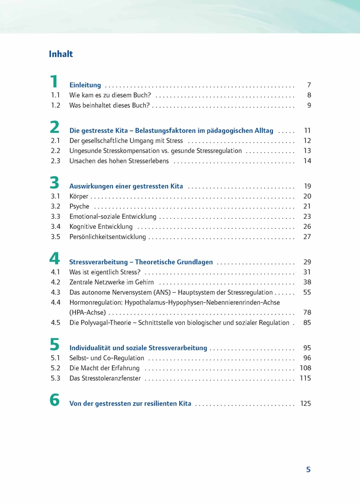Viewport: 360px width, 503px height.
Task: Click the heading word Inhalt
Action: pyautogui.click(x=61, y=54)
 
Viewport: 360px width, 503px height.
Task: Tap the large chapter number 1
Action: pyautogui.click(x=54, y=82)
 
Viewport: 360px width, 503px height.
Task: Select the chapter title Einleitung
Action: pyautogui.click(x=85, y=85)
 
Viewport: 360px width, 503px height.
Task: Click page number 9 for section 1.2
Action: pyautogui.click(x=309, y=106)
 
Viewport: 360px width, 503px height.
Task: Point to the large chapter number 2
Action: pyautogui.click(x=54, y=127)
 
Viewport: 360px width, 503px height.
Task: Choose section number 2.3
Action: pyautogui.click(x=55, y=161)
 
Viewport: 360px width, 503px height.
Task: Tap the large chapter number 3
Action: pyautogui.click(x=54, y=183)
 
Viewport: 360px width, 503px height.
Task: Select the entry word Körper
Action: pyautogui.click(x=79, y=196)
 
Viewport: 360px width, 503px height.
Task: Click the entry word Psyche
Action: pyautogui.click(x=79, y=206)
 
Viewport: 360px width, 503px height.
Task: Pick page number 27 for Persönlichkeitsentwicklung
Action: pyautogui.click(x=307, y=236)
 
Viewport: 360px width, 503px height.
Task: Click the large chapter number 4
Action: pyautogui.click(x=54, y=259)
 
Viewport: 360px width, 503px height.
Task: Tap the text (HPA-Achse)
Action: pyautogui.click(x=87, y=313)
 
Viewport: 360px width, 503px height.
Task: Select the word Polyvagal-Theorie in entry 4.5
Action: pyautogui.click(x=106, y=323)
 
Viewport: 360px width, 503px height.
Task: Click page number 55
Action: pyautogui.click(x=307, y=292)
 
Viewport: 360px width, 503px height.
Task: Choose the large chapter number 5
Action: pyautogui.click(x=54, y=345)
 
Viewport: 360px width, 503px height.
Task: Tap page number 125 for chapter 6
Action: pyautogui.click(x=306, y=403)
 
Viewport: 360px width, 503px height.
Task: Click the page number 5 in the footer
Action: pyautogui.click(x=308, y=470)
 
